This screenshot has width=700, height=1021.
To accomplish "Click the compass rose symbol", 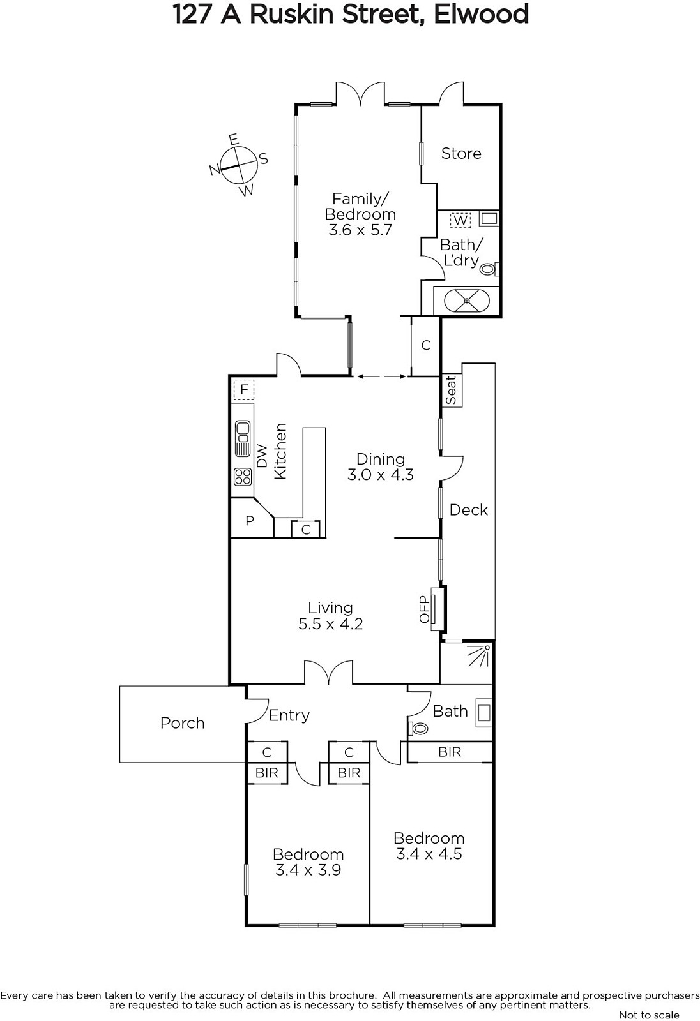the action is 238,165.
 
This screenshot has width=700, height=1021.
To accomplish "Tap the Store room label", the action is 461,153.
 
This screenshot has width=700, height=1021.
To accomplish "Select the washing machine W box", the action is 460,221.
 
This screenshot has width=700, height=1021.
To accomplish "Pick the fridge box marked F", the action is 244,390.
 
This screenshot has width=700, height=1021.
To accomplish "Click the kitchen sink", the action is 242,438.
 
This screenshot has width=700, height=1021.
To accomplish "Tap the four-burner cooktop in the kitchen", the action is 243,477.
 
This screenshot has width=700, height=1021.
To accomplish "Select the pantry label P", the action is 249,521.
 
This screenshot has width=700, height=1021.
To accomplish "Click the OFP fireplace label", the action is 424,609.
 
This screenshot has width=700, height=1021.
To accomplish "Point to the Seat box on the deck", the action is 451,390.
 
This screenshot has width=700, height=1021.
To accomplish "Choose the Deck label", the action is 469,510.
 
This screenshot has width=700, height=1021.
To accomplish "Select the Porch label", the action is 182,724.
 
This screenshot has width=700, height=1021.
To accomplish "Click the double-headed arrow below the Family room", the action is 381,376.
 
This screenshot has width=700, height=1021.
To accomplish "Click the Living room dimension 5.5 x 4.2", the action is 330,623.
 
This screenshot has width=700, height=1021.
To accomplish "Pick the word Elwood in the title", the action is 482,14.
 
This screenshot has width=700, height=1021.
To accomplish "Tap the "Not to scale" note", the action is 649,1015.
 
